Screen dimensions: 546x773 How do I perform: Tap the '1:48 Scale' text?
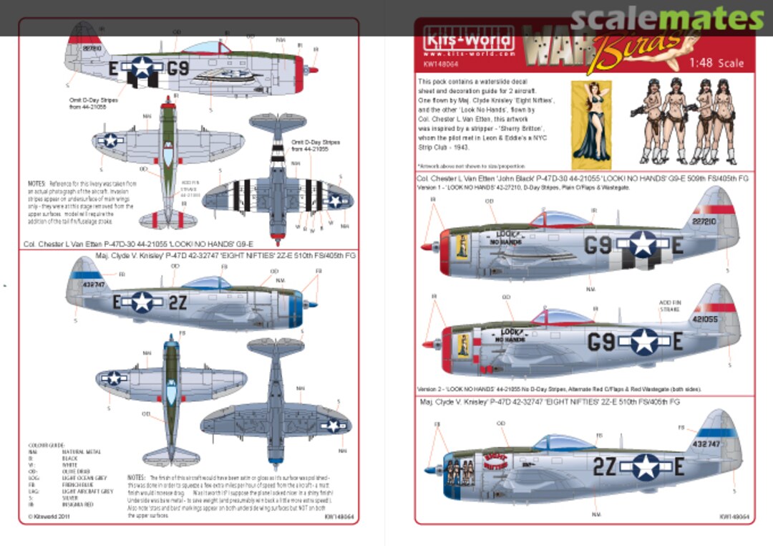[x=716, y=63]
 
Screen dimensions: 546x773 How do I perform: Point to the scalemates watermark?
[x=658, y=19]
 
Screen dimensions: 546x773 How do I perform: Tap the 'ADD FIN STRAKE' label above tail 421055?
[x=670, y=306]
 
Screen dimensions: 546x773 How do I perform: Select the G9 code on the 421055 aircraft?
[x=601, y=343]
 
